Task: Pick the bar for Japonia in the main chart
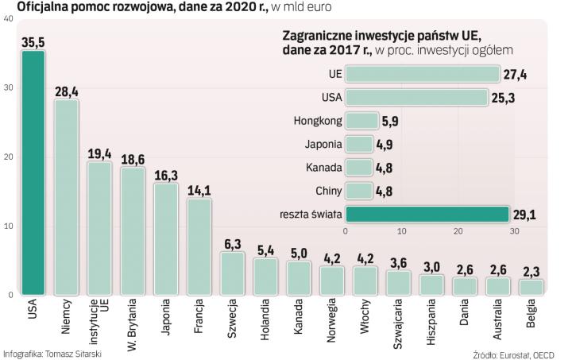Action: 165,239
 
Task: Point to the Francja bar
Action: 199,246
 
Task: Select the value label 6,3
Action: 232,244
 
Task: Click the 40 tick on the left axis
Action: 7,17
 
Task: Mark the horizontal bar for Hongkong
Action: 362,121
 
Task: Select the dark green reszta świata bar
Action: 427,214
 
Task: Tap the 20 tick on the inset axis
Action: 458,231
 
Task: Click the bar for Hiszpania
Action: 431,284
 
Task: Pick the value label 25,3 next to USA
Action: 504,98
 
